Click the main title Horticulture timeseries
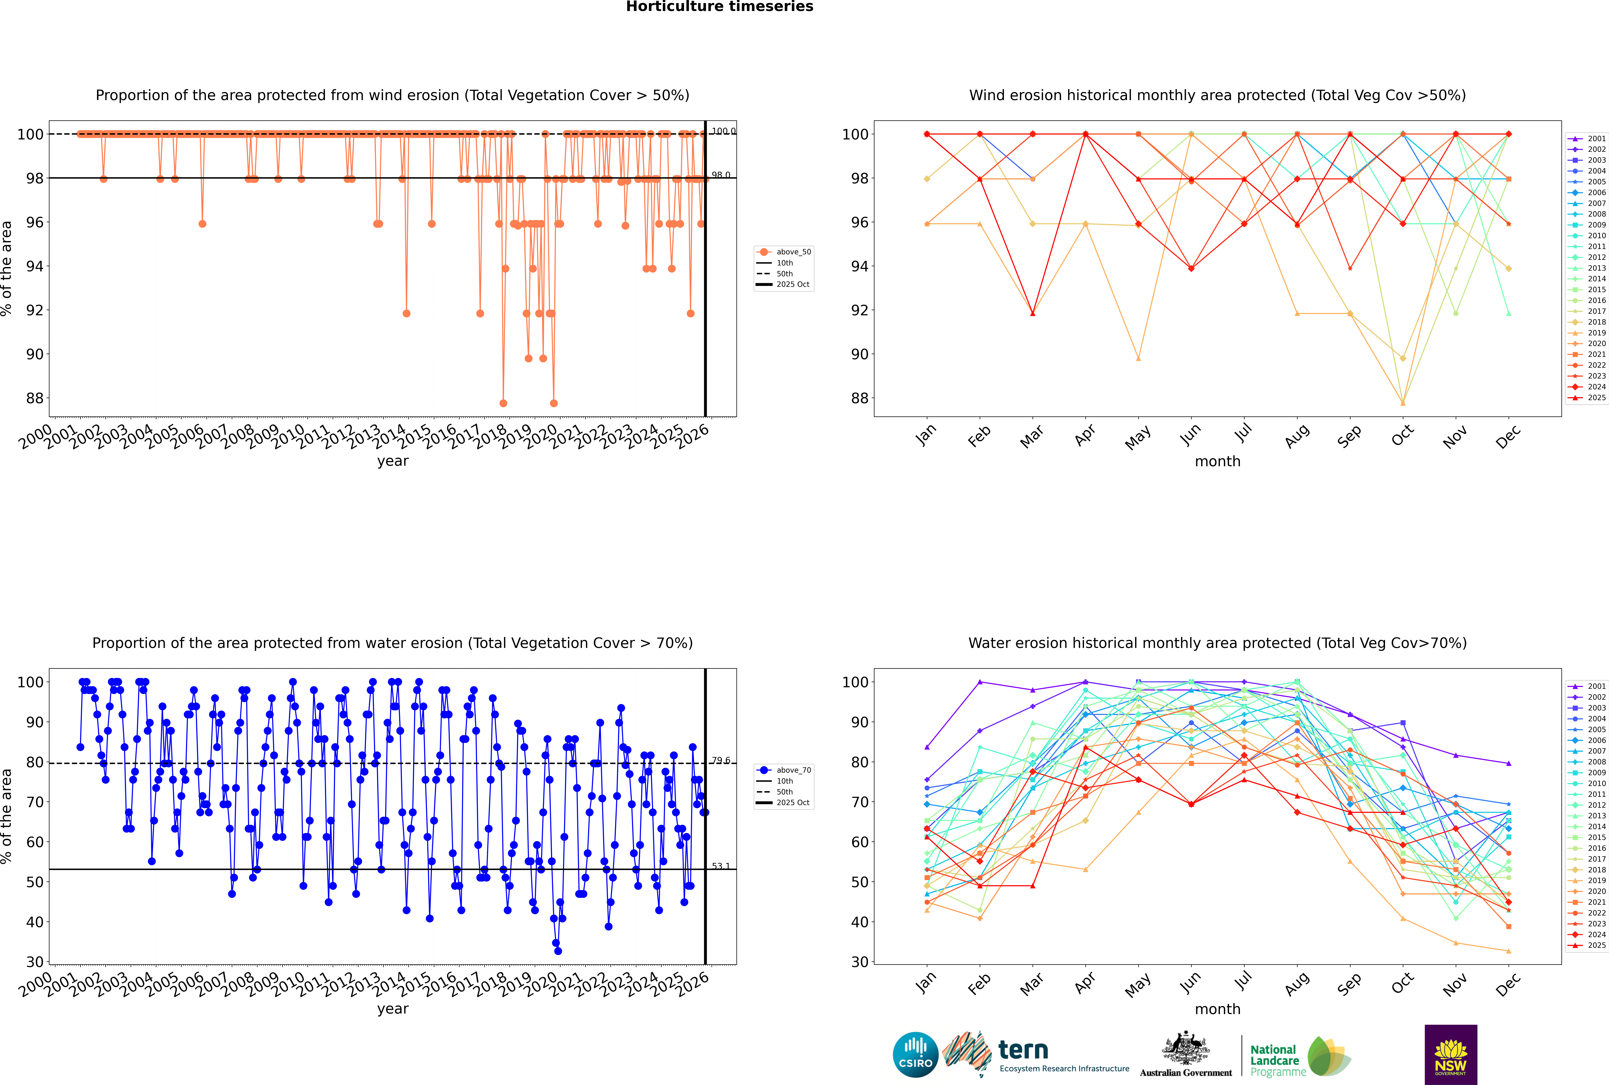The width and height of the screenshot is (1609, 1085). [719, 7]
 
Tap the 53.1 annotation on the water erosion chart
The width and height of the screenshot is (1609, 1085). [721, 866]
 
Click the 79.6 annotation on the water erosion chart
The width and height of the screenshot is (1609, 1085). [721, 760]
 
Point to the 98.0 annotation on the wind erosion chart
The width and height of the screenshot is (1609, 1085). [721, 175]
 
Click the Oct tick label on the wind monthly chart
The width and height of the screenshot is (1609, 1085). [1401, 436]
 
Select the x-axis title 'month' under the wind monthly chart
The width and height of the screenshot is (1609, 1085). [1217, 462]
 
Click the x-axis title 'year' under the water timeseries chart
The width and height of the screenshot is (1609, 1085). [393, 1009]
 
